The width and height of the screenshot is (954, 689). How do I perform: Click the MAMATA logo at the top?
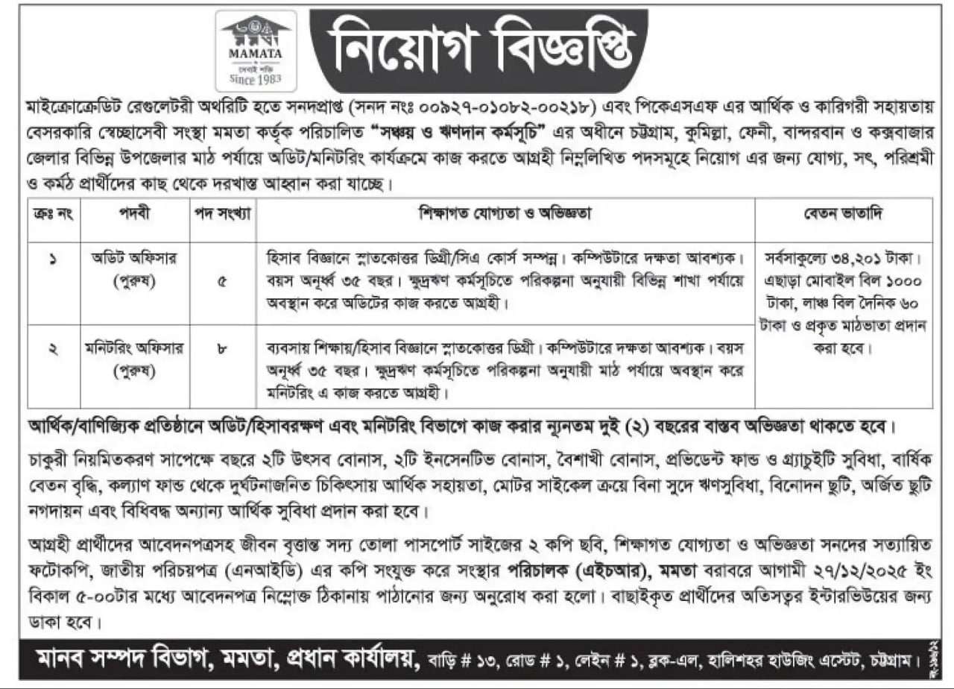click(x=256, y=50)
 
